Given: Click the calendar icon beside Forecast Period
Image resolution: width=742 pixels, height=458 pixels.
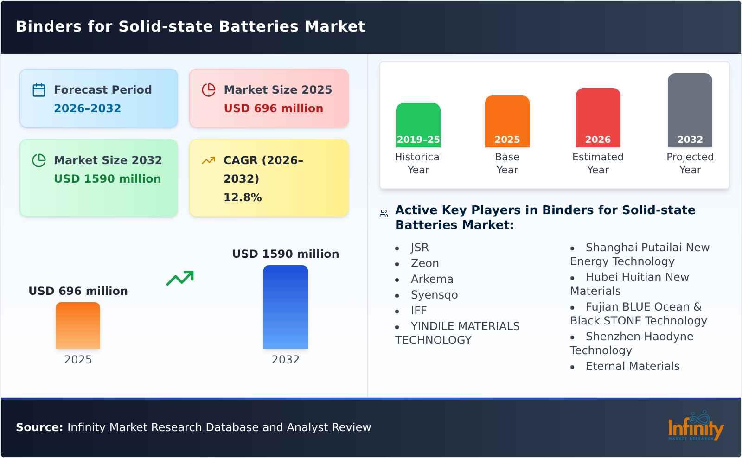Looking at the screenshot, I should [39, 90].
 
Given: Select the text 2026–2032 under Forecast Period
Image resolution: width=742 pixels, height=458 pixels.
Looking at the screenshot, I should [87, 108].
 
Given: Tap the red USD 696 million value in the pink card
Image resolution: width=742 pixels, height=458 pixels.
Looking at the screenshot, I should [273, 108].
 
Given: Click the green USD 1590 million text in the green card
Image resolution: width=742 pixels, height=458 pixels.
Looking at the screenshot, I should [107, 179].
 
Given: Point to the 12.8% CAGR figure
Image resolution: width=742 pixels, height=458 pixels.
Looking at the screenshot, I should [242, 197].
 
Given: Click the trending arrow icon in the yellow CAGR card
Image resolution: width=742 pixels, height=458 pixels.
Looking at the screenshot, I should [208, 160].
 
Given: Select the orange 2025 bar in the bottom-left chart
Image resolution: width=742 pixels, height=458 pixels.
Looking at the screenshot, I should [78, 325].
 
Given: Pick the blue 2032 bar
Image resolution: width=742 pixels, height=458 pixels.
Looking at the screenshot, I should [285, 307].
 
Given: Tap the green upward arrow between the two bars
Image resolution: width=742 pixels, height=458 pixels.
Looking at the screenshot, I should [180, 278].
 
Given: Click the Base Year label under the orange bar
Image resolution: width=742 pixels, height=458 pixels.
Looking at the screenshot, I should [507, 163].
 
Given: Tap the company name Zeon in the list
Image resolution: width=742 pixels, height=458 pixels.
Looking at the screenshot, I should [424, 263].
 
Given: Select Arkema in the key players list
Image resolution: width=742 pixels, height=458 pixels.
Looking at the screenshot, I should [432, 279].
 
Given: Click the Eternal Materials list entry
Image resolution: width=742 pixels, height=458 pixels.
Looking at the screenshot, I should [632, 366].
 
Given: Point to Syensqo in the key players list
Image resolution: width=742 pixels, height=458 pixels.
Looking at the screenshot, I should [434, 295].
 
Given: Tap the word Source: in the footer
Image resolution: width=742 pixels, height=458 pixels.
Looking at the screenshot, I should [39, 427].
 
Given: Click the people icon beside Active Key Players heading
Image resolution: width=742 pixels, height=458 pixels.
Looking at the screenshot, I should [384, 213].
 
